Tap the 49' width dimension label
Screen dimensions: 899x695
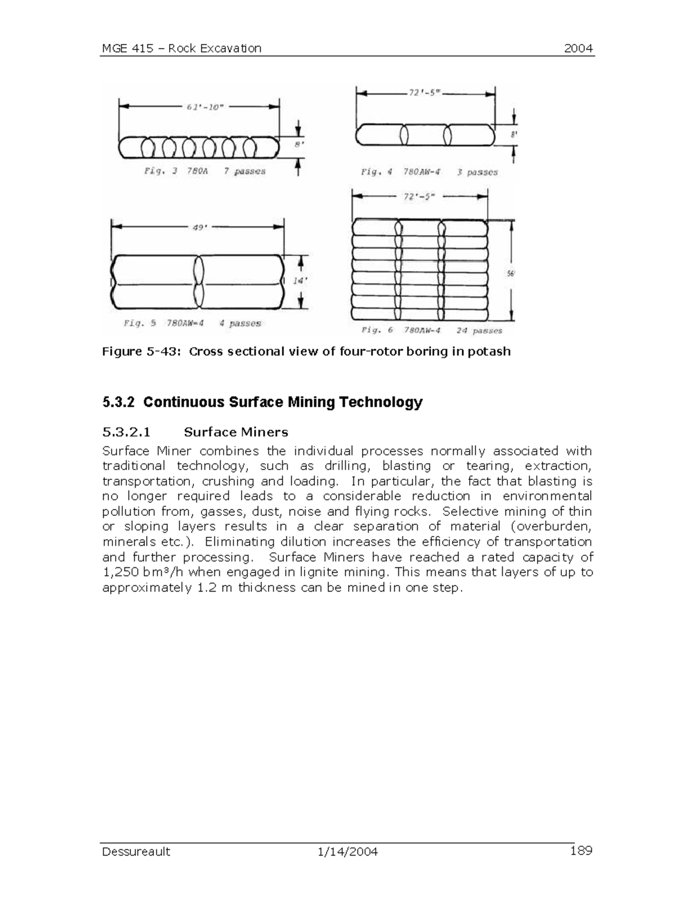[199, 227]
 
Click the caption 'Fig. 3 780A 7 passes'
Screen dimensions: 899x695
[204, 171]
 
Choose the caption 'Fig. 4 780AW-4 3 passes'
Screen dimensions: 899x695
[429, 172]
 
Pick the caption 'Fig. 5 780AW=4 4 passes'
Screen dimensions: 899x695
[192, 323]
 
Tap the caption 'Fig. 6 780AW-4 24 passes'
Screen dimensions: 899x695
[431, 331]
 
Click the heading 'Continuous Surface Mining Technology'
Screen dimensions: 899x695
[283, 402]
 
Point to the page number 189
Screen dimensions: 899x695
[581, 850]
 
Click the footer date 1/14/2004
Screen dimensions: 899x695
[348, 852]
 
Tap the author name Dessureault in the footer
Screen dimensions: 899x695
[136, 852]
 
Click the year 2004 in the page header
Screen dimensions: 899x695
[579, 48]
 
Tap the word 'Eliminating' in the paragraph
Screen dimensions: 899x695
[240, 542]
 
